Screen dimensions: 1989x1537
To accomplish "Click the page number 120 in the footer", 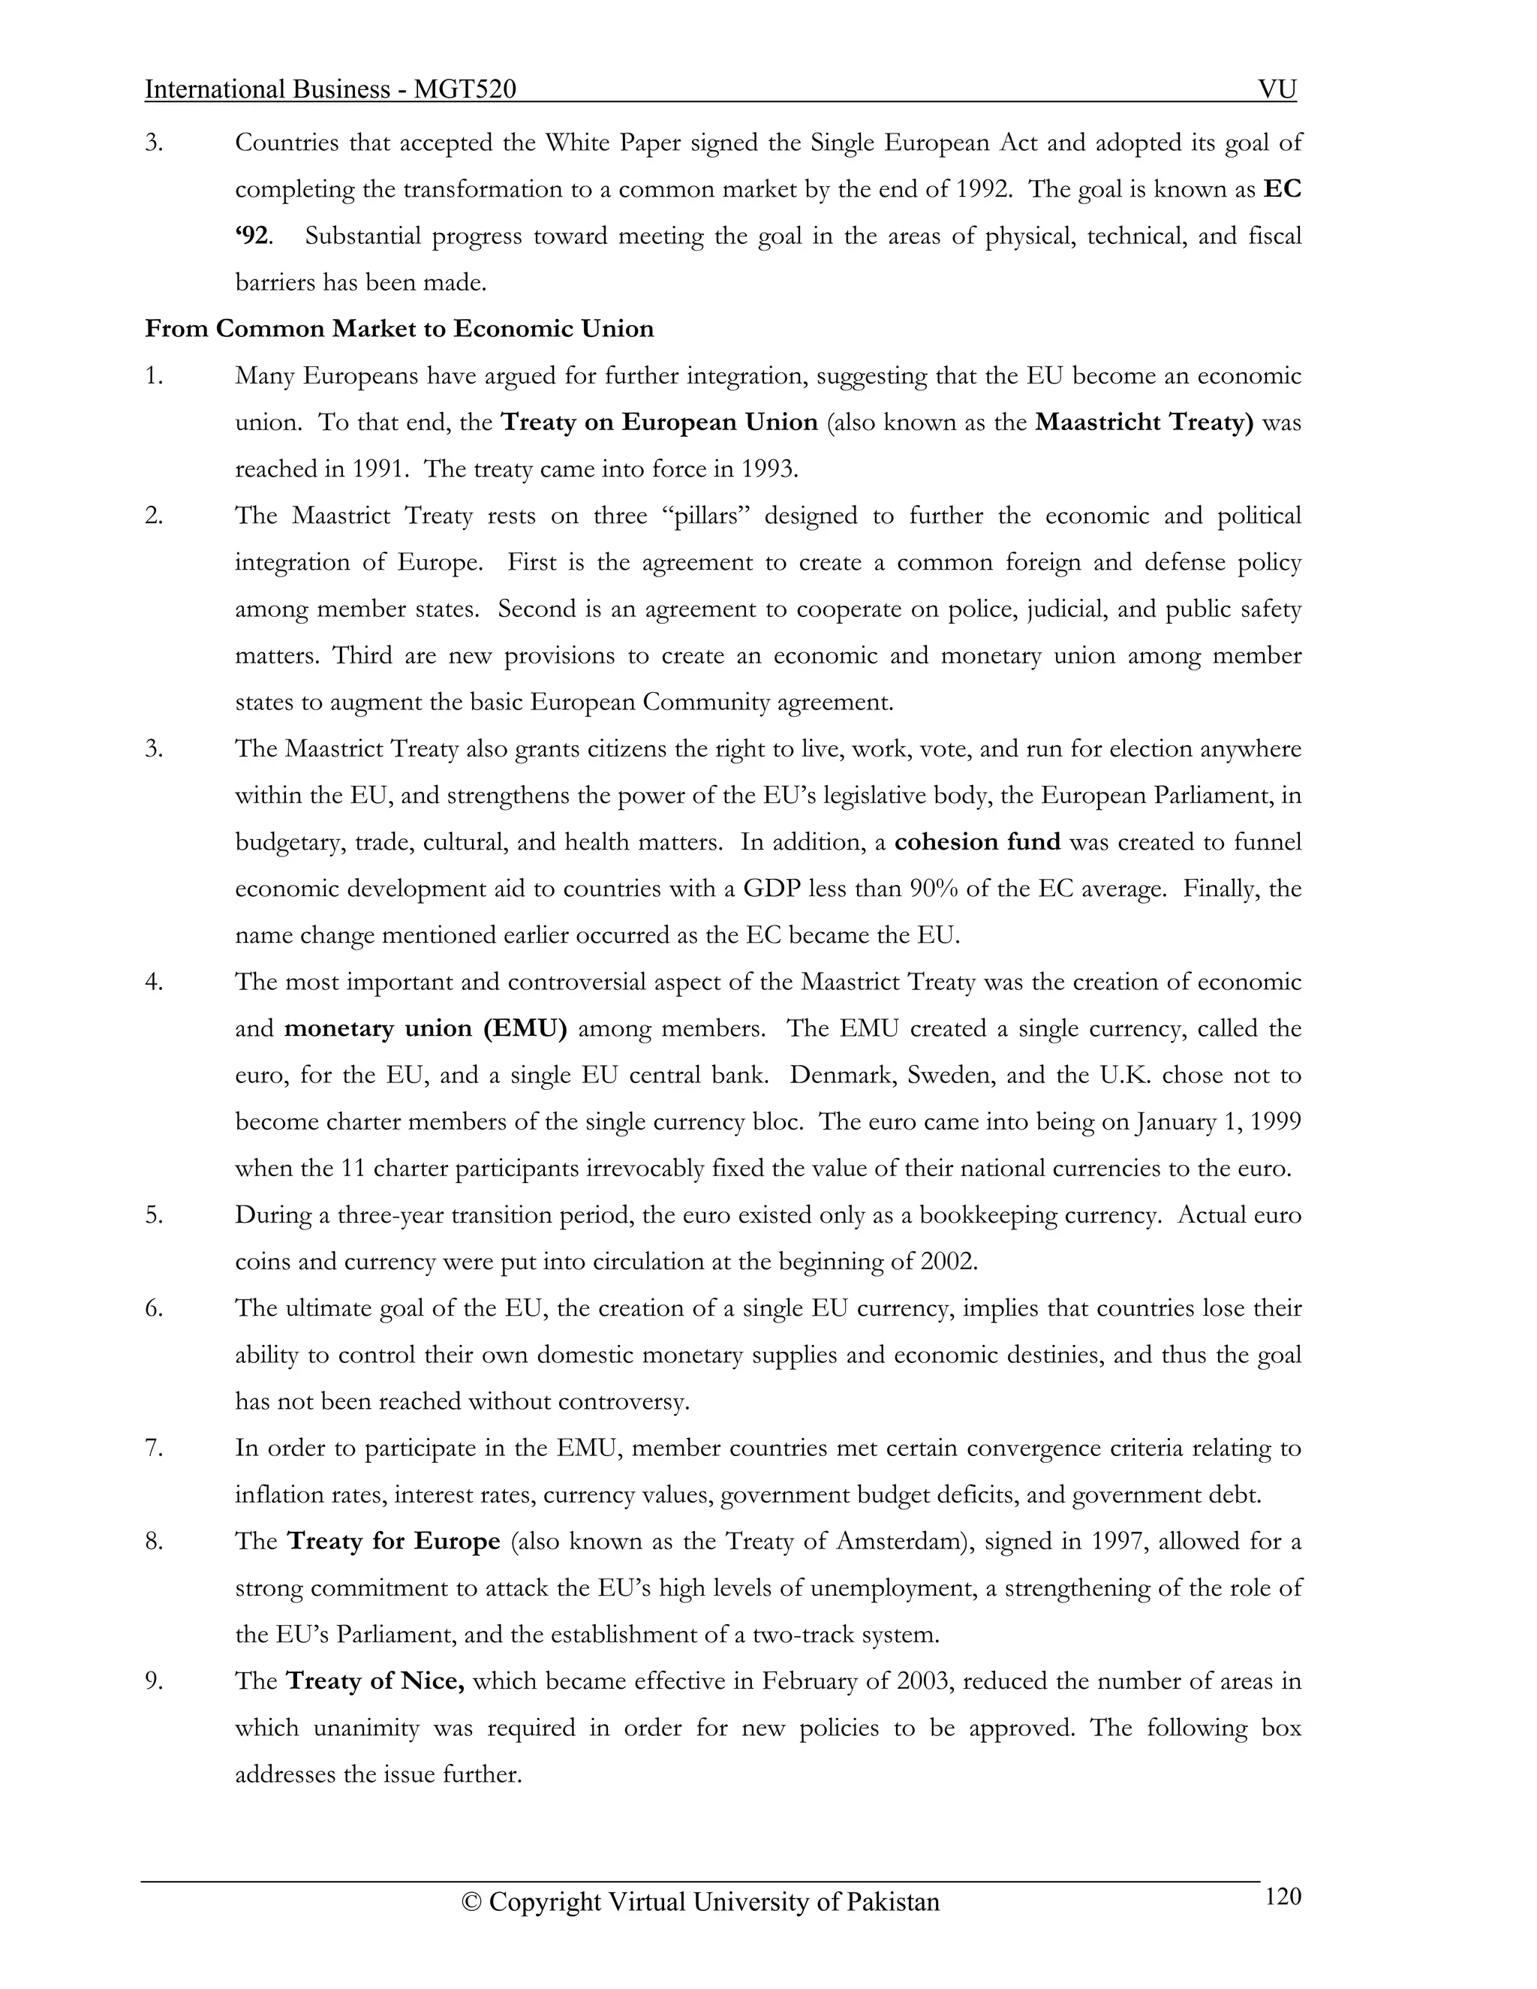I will pos(1282,1896).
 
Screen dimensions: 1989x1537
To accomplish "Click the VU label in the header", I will pos(1277,89).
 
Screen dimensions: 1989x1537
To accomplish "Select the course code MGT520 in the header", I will pos(465,89).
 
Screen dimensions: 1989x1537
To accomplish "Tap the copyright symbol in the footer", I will pos(471,1903).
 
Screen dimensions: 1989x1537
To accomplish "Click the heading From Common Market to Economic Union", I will pos(399,329).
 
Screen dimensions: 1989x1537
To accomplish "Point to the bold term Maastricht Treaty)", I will pos(1144,423).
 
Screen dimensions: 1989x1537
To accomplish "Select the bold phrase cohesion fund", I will pos(977,841).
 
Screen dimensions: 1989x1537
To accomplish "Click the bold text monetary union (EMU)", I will pos(426,1028).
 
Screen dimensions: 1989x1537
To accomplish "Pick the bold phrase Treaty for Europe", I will pos(393,1541).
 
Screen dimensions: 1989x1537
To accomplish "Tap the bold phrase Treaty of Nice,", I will pos(375,1681).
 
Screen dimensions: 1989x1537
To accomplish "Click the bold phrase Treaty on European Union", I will pos(659,423).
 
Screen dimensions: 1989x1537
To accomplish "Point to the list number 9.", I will pos(154,1681).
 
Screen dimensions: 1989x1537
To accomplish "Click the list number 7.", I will pos(154,1447).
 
